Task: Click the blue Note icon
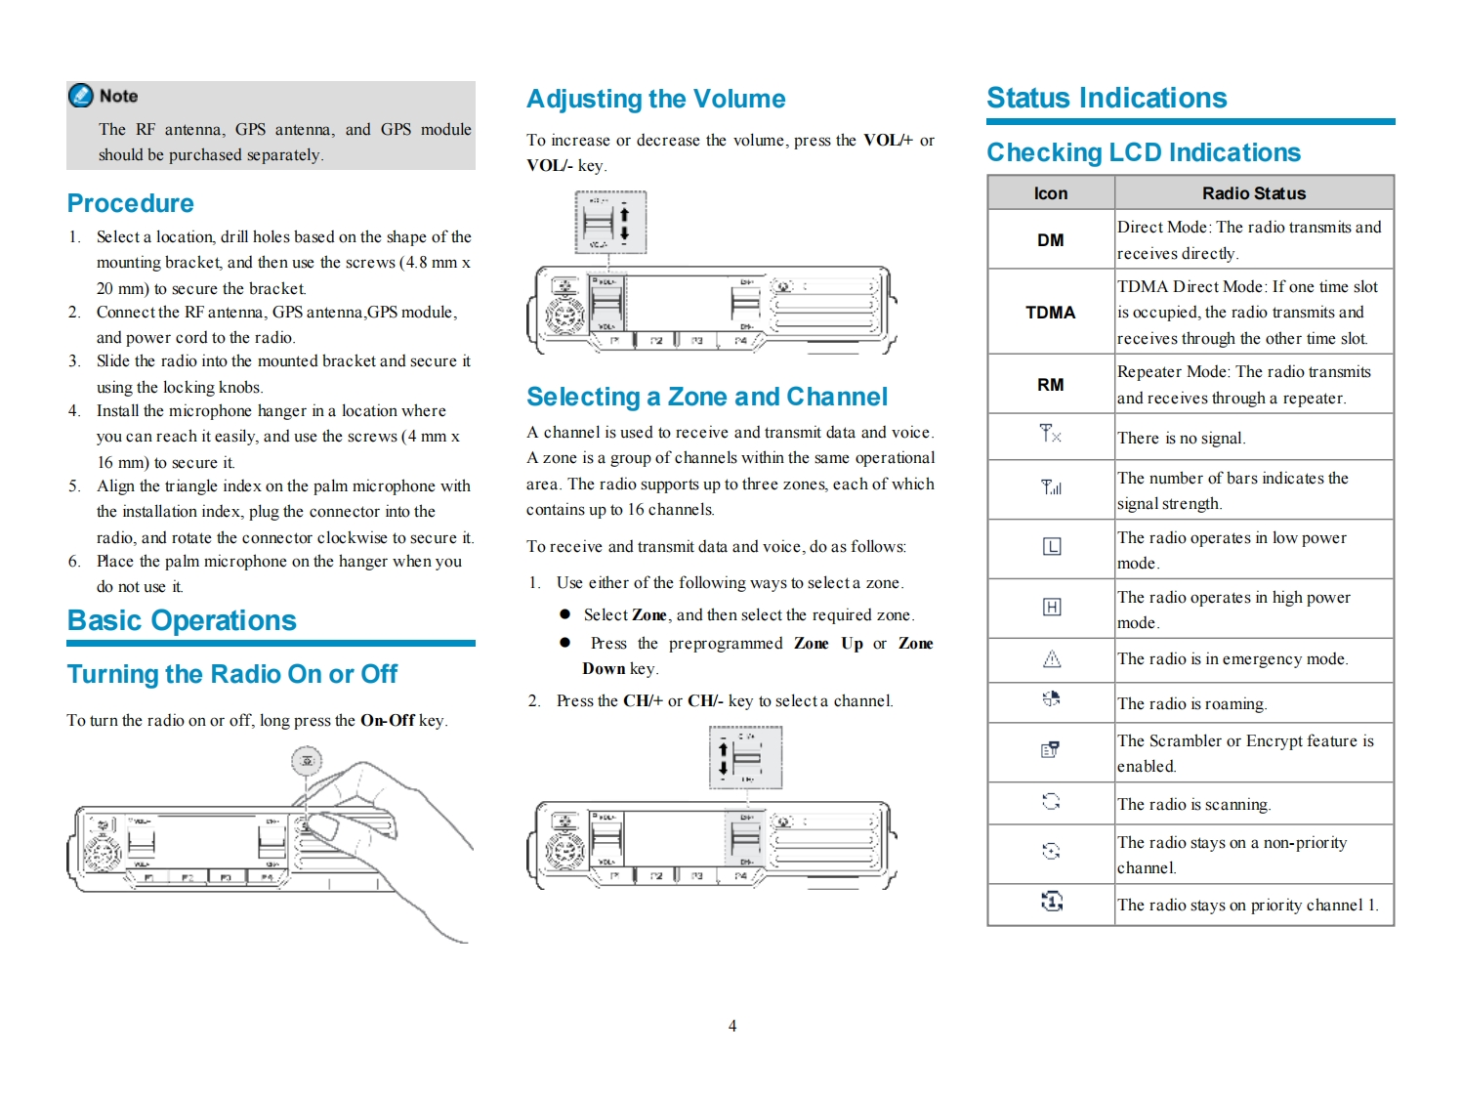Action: tap(80, 96)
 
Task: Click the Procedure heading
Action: tap(130, 203)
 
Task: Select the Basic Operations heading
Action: tap(182, 620)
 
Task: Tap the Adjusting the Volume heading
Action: tap(655, 99)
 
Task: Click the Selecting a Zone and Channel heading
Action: tap(706, 397)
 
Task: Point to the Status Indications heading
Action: tap(1106, 98)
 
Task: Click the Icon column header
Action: tap(1050, 193)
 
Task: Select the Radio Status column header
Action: tap(1253, 193)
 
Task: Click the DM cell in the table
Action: tap(1050, 240)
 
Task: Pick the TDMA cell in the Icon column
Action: tap(1050, 313)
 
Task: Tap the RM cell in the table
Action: tap(1050, 385)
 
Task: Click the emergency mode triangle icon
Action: tap(1051, 659)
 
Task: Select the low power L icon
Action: tap(1051, 547)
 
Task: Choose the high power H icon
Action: tap(1051, 607)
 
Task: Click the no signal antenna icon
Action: tap(1050, 434)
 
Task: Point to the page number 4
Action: tap(731, 1026)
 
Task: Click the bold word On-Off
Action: tap(388, 720)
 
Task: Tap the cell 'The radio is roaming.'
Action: tap(1191, 703)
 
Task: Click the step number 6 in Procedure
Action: tap(74, 561)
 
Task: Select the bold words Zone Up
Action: tap(828, 643)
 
